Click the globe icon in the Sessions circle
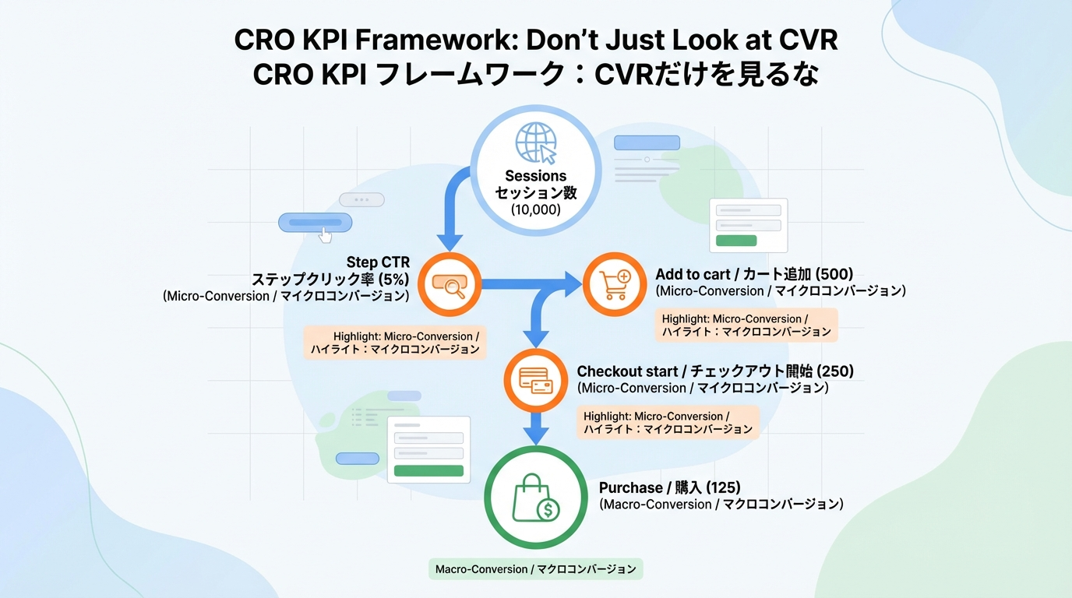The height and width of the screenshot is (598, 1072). (536, 143)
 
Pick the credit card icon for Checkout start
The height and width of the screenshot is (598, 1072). (535, 381)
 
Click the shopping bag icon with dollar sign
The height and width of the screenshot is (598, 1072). (535, 498)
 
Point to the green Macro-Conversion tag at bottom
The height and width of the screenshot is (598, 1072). (536, 569)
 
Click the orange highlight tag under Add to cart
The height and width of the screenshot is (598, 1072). (746, 325)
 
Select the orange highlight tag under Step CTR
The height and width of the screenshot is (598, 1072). (395, 343)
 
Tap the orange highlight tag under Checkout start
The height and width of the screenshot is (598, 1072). (668, 423)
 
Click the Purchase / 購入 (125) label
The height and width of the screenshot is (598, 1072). (669, 488)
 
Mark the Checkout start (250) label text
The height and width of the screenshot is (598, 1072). (714, 372)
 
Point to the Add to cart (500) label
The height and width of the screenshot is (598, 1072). (753, 274)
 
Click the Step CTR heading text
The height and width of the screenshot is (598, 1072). (378, 262)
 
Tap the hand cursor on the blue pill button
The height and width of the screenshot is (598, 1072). (325, 234)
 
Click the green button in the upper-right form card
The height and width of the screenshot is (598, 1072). (736, 241)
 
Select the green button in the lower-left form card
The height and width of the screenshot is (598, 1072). (428, 470)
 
